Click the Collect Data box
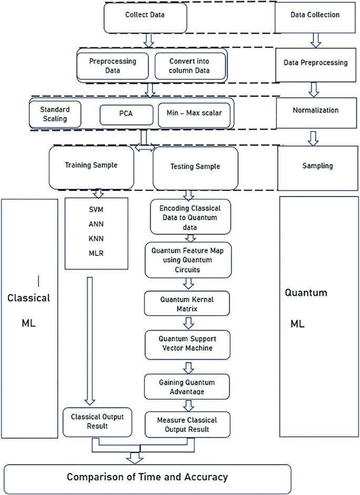pyautogui.click(x=145, y=16)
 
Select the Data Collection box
pyautogui.click(x=315, y=16)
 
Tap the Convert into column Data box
pyautogui.click(x=190, y=66)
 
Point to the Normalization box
pyautogui.click(x=315, y=111)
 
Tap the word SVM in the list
pyautogui.click(x=96, y=209)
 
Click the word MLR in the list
pyautogui.click(x=96, y=252)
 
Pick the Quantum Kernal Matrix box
pyautogui.click(x=187, y=303)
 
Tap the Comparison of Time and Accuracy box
pyautogui.click(x=147, y=478)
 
